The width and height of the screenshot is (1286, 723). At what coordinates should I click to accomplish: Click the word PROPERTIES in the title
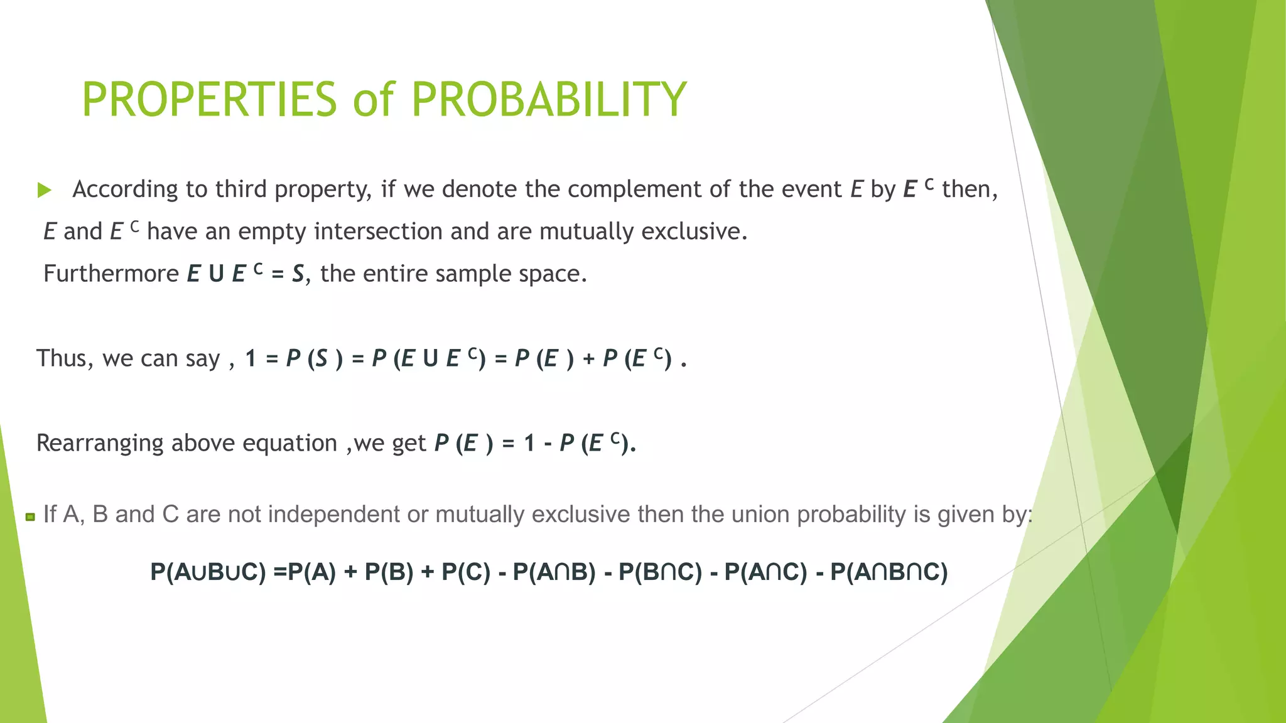(210, 100)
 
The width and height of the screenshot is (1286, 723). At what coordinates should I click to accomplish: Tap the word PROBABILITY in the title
(549, 100)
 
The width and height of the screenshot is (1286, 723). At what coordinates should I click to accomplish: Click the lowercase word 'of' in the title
(374, 100)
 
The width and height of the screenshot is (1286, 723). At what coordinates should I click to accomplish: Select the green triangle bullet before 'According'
(44, 190)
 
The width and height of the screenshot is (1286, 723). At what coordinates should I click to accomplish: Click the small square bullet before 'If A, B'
(30, 517)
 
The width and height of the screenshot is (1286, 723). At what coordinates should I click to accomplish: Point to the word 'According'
(125, 190)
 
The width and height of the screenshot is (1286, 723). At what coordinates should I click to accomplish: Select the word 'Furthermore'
(111, 274)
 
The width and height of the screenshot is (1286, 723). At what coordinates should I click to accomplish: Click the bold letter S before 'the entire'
(298, 274)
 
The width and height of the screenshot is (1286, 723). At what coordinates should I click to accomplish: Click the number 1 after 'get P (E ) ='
(529, 443)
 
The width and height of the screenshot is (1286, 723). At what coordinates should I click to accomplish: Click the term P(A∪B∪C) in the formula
(208, 572)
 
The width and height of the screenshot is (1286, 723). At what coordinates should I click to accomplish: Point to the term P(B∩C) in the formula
(660, 572)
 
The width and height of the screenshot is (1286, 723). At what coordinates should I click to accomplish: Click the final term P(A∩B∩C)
(889, 572)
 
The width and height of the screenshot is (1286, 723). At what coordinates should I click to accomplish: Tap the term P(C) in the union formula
(465, 572)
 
